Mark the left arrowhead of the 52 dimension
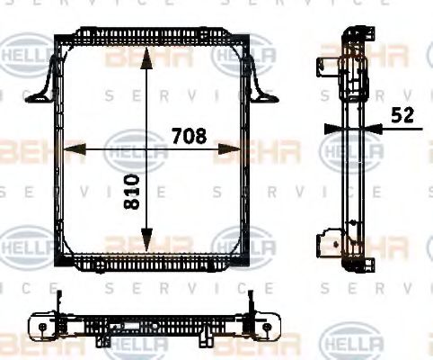coord(328,129)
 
